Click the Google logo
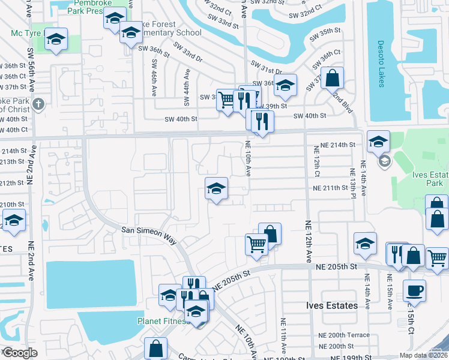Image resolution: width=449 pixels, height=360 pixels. [19, 353]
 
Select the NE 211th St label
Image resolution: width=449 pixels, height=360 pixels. [330, 188]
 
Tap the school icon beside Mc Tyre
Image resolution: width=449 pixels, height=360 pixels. [56, 40]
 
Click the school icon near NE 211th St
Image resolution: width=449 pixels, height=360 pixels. [216, 189]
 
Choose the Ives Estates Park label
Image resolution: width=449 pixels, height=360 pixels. [430, 179]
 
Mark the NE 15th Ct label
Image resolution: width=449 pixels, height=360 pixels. [412, 322]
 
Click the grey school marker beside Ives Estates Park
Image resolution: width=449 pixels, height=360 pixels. [384, 161]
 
